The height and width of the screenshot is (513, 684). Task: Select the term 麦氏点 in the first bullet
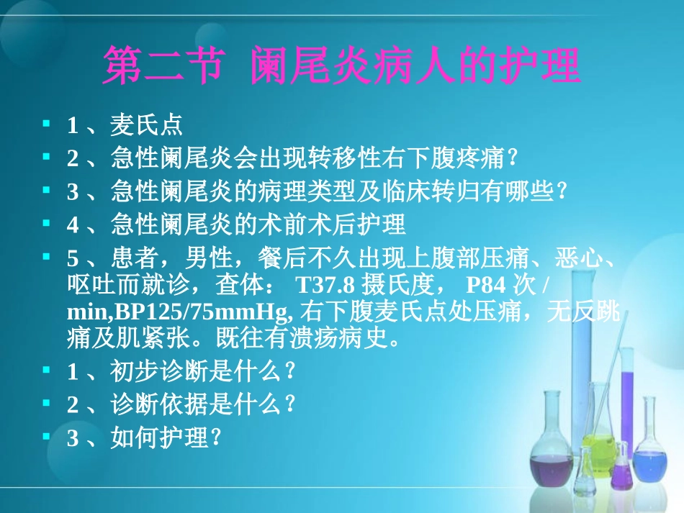pos(146,127)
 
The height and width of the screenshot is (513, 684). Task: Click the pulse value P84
pos(482,286)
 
